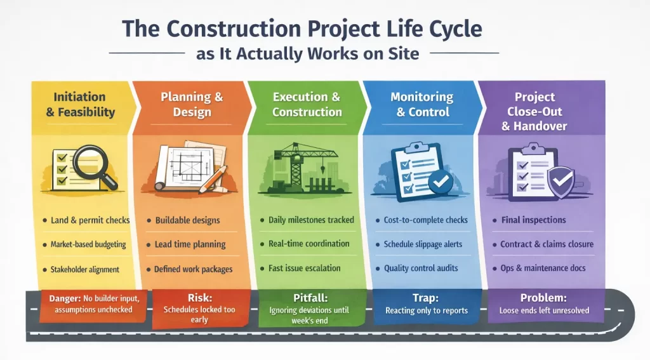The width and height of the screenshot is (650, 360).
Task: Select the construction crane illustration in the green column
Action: (298, 165)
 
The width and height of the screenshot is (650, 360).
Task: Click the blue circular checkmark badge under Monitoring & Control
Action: (441, 183)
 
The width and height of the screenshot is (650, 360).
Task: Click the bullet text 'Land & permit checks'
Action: (90, 220)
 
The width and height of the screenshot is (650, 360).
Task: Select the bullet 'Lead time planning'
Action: (190, 244)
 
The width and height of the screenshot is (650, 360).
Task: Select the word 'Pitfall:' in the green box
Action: (310, 297)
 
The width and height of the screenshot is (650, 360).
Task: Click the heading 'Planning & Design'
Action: (192, 104)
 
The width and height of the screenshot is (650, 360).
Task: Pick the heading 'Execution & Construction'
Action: (307, 104)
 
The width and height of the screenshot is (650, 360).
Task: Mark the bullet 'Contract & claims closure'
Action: (547, 244)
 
